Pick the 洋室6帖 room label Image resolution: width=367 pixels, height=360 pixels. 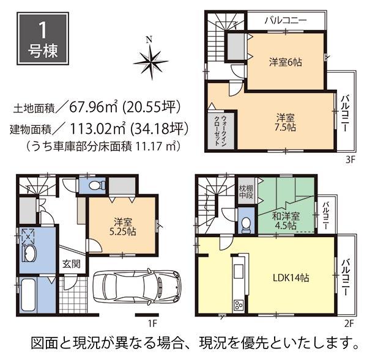tap(286, 62)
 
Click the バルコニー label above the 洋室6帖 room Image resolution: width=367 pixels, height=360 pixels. tap(286, 20)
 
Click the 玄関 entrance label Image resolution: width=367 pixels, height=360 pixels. tap(69, 265)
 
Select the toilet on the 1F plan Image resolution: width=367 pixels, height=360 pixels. tap(94, 185)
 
